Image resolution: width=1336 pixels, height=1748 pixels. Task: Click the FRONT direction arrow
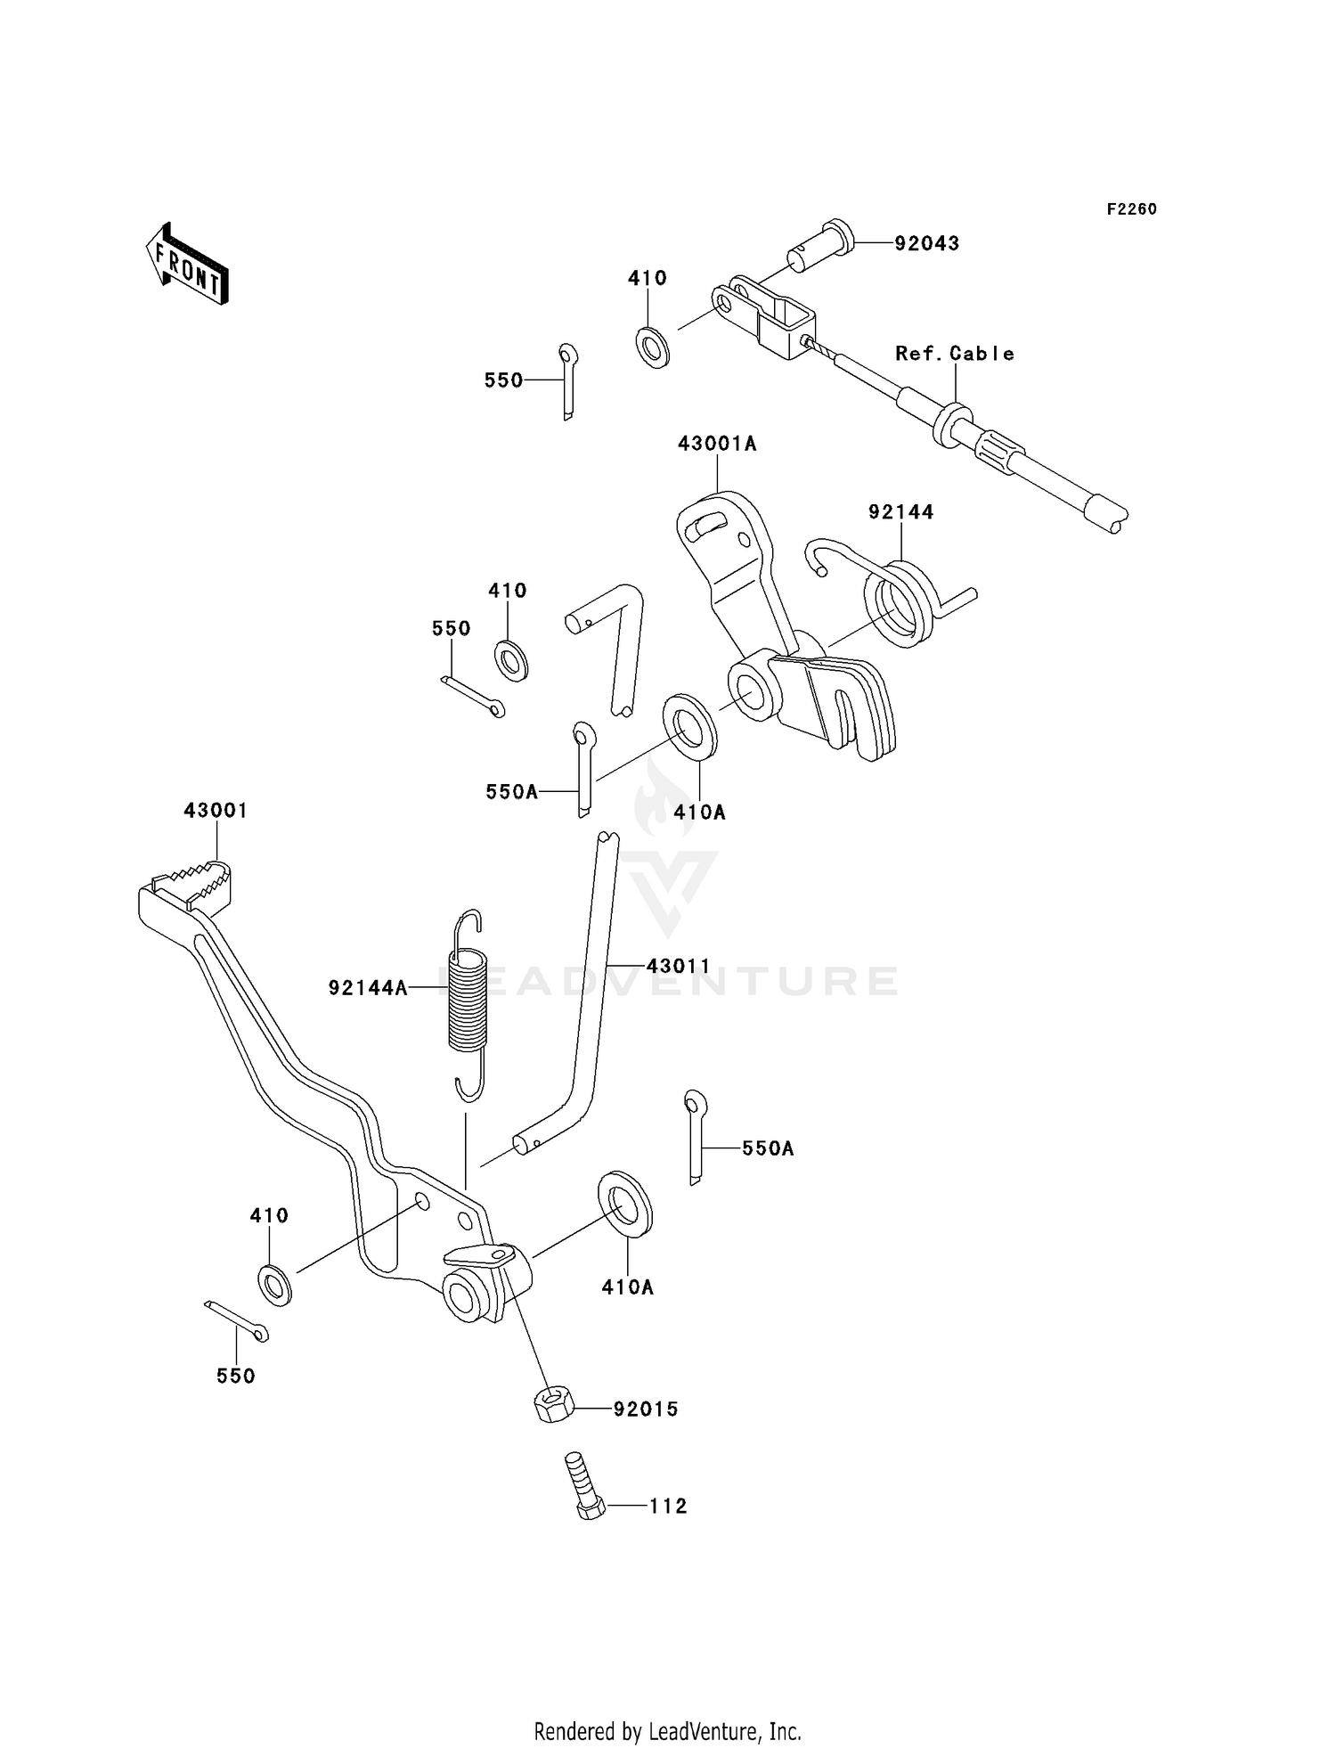pos(187,264)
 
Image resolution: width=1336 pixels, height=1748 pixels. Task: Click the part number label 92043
pos(926,243)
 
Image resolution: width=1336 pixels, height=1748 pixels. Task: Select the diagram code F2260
pos(1131,209)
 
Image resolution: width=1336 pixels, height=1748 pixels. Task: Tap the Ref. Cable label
pos(954,354)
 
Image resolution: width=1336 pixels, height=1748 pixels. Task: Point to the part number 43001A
pos(716,444)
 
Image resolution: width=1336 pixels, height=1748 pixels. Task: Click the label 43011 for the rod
pos(678,966)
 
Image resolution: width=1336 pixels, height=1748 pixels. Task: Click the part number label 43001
pos(216,811)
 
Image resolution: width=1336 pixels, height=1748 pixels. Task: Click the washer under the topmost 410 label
pos(653,347)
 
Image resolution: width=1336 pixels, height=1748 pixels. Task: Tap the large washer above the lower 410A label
pos(625,1205)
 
